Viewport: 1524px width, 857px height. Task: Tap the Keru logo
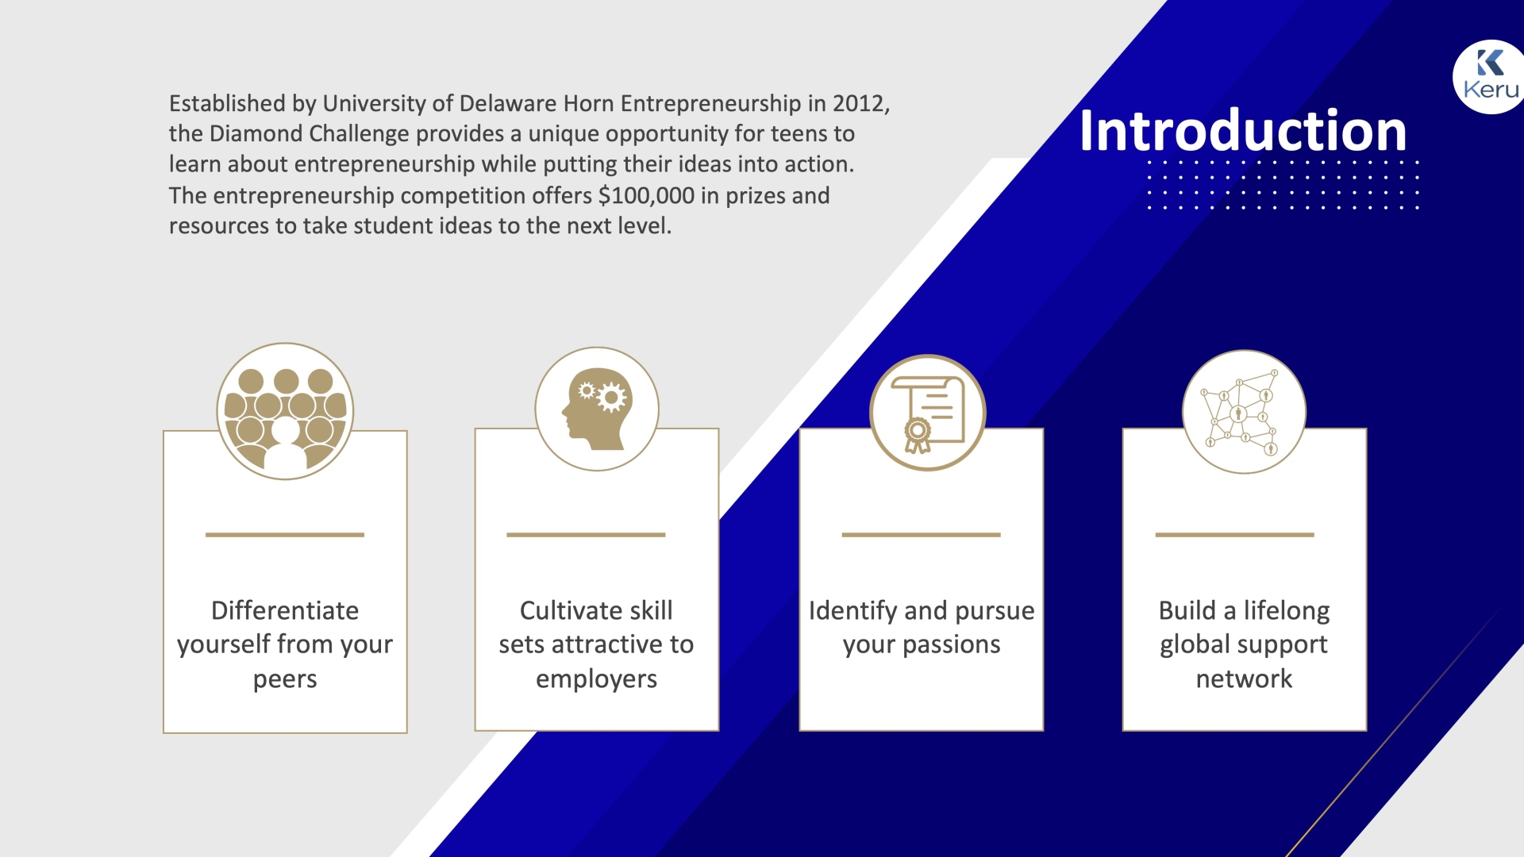[1490, 76]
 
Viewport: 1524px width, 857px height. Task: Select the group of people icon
[285, 411]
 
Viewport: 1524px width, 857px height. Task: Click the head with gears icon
[597, 409]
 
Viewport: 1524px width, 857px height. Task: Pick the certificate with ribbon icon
[927, 413]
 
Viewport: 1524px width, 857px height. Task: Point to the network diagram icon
[1244, 412]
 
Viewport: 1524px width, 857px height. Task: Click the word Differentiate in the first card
[285, 610]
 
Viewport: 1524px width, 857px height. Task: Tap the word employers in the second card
[596, 679]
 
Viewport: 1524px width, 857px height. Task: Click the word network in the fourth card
[1244, 679]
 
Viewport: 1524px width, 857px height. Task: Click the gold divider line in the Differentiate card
[285, 535]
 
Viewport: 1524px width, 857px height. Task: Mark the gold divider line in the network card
[1235, 535]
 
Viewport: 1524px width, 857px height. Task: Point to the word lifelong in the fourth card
[1287, 611]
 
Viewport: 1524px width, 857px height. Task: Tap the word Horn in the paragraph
[589, 103]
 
